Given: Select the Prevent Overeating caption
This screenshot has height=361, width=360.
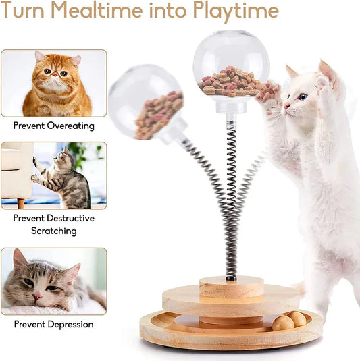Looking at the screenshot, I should (53, 126).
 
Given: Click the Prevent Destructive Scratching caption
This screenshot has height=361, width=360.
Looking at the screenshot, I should (53, 225).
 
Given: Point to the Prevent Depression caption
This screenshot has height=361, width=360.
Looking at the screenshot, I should (53, 324).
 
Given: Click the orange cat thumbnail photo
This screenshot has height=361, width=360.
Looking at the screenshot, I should (54, 83).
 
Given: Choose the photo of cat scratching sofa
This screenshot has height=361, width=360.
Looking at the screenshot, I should (54, 175).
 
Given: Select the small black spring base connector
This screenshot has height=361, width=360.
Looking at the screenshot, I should (231, 275).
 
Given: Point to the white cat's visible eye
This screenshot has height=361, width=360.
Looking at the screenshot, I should (302, 97).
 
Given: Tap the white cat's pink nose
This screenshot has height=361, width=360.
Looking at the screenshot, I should (286, 105).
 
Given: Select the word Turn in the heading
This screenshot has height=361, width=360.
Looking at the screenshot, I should (27, 11).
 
